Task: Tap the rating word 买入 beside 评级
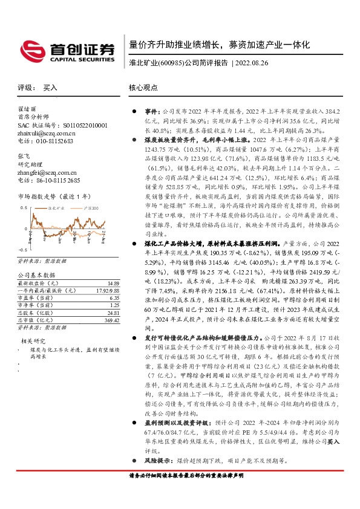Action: coord(50,88)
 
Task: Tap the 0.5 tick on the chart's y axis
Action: coord(24,207)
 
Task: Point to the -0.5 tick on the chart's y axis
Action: coord(22,249)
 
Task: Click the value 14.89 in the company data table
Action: coord(111,283)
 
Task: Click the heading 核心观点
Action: coord(141,88)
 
